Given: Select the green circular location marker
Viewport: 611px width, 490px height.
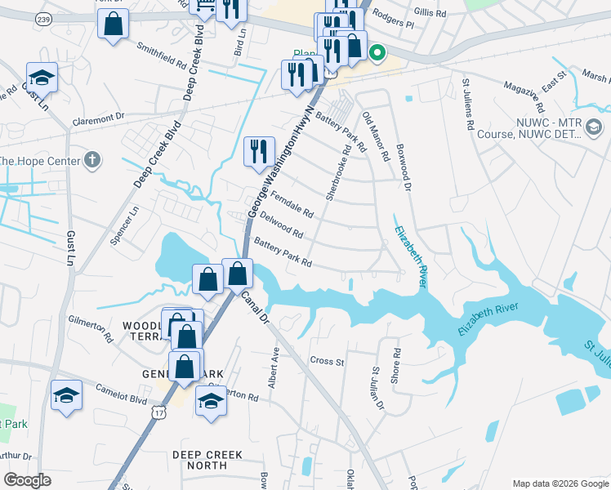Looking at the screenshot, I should tap(377, 54).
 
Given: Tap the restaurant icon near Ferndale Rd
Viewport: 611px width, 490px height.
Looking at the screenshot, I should tap(259, 150).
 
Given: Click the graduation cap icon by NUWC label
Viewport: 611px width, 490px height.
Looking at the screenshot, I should tap(594, 127).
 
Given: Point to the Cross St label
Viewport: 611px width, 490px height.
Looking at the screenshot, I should tap(327, 361).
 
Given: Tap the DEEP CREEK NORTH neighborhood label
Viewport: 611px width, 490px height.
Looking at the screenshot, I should tap(199, 459).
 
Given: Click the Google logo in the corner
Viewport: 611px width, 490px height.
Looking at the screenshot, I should tap(29, 480).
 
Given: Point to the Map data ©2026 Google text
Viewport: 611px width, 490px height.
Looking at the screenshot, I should tap(560, 483).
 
